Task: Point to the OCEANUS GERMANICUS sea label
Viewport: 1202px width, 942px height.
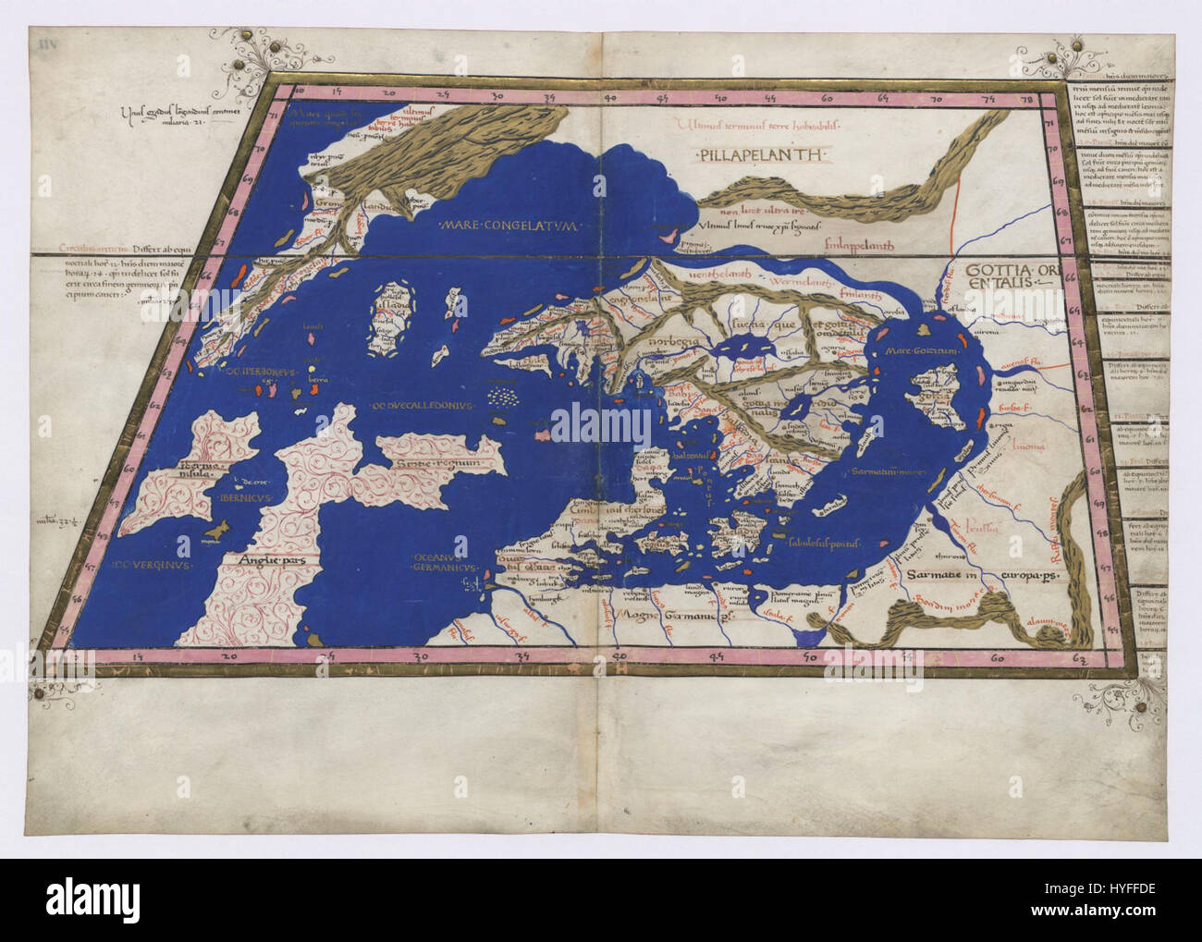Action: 444,561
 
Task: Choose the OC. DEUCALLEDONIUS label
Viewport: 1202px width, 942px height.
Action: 417,405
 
